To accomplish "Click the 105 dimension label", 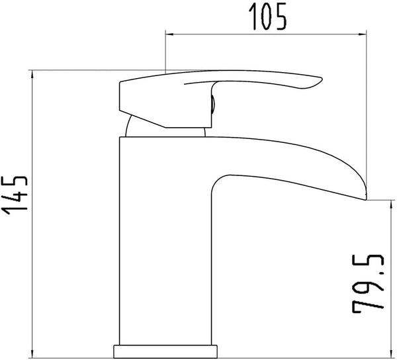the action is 268,17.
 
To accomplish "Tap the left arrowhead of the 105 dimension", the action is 169,34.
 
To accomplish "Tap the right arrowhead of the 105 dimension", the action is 363,34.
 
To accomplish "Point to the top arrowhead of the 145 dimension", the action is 32,74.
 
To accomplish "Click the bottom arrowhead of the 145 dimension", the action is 32,353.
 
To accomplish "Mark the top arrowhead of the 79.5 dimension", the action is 390,204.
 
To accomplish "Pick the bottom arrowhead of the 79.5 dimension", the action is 390,353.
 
